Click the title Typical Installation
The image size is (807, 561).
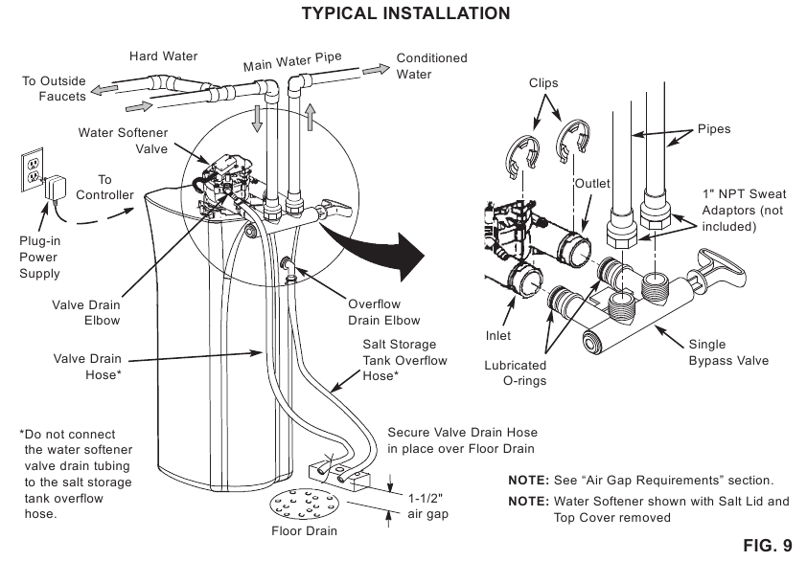pyautogui.click(x=404, y=13)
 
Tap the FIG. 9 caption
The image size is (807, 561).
pyautogui.click(x=768, y=546)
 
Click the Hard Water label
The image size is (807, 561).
pyautogui.click(x=164, y=56)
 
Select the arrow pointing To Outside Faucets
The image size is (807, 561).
pyautogui.click(x=104, y=90)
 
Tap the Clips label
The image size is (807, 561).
pyautogui.click(x=543, y=83)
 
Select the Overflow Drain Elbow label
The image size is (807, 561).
pyautogui.click(x=383, y=312)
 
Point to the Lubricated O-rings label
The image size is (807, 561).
pyautogui.click(x=516, y=372)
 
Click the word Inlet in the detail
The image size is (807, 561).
pyautogui.click(x=497, y=336)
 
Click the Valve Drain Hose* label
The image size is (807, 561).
pyautogui.click(x=87, y=368)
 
